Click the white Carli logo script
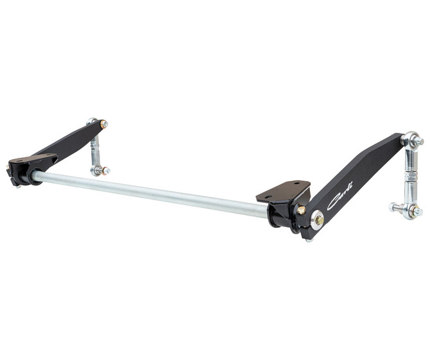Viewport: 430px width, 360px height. click(341, 201)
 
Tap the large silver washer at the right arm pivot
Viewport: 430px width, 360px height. click(317, 219)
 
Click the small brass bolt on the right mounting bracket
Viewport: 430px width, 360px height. click(300, 210)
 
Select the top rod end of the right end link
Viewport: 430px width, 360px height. click(411, 139)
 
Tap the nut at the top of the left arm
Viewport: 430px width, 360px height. click(103, 124)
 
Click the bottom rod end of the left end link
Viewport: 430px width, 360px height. click(98, 170)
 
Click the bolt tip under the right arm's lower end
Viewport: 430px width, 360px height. click(308, 240)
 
